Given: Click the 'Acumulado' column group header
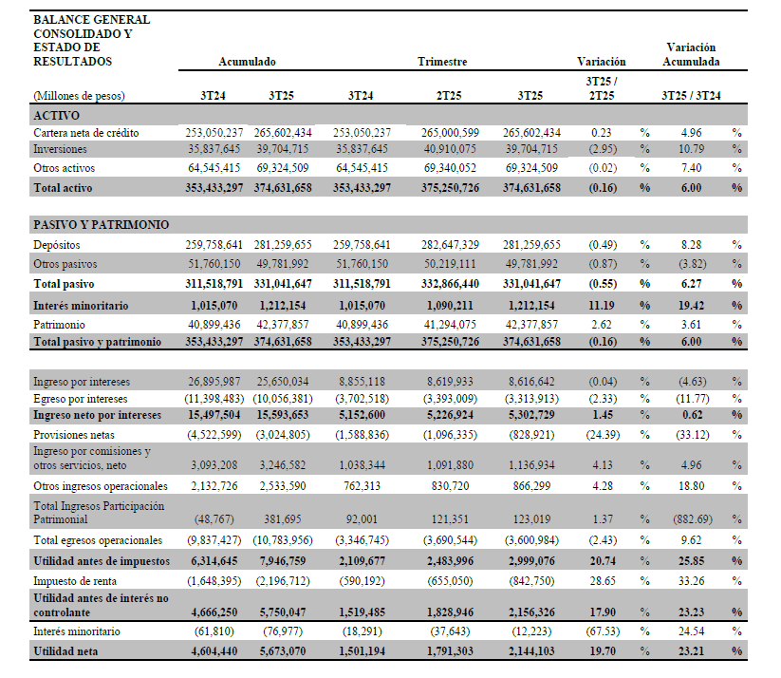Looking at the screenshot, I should tap(247, 62).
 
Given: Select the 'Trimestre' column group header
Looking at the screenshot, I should tap(442, 62).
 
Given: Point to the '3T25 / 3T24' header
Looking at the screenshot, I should tap(691, 95).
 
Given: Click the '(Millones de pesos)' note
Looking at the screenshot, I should tap(80, 95).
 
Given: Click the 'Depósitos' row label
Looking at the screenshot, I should tap(58, 244).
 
